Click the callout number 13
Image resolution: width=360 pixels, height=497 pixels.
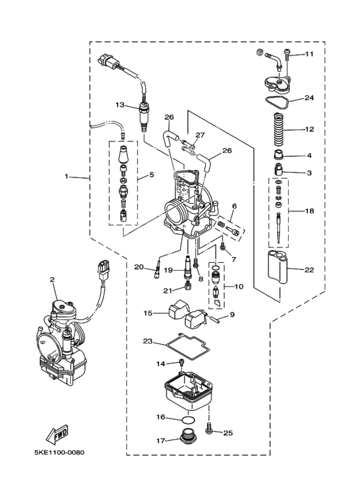[120, 104]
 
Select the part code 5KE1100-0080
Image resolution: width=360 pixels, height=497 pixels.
[59, 452]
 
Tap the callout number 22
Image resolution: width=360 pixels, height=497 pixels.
[309, 269]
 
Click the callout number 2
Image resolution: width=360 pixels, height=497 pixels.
[53, 280]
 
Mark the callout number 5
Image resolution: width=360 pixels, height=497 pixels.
[152, 174]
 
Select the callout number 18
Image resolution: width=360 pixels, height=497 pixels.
[309, 210]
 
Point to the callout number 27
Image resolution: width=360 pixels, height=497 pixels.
[199, 136]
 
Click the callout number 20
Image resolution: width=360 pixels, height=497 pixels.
[139, 267]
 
